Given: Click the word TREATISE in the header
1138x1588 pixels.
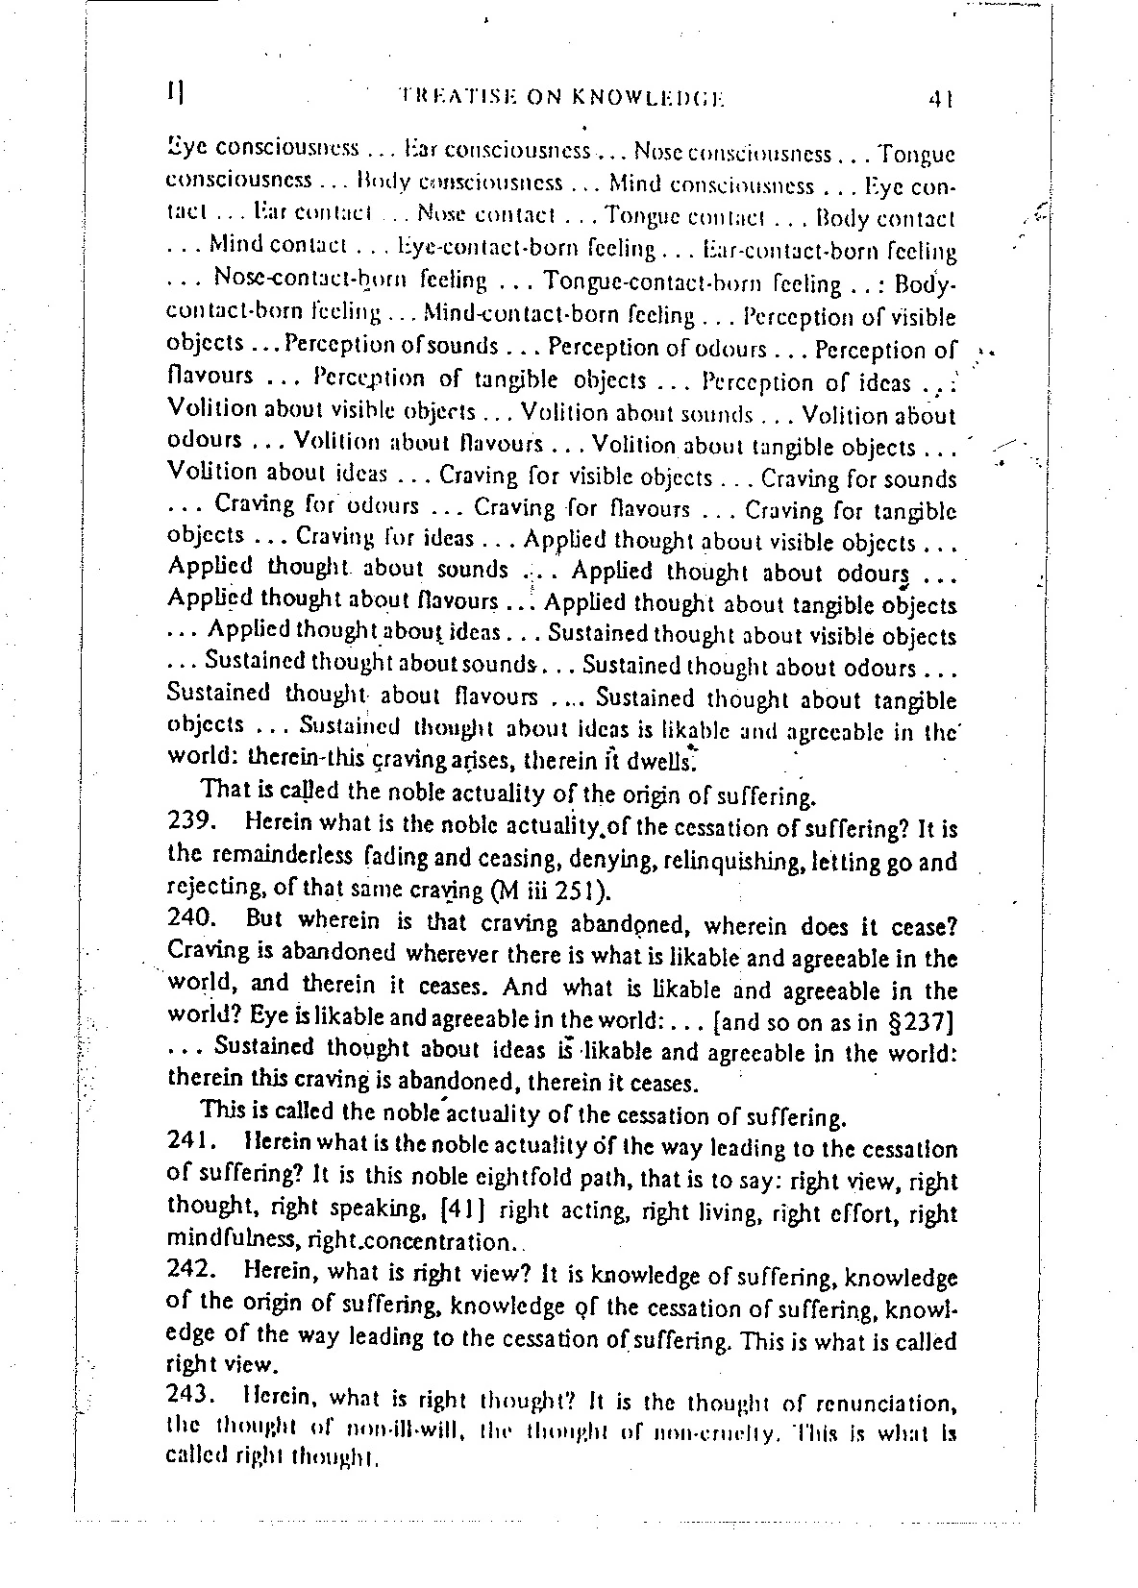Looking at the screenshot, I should (446, 97).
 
